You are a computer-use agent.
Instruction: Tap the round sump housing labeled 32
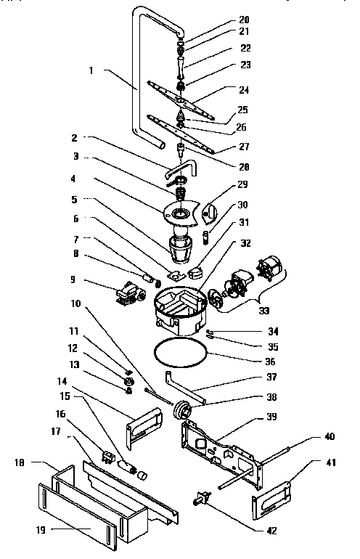point(179,311)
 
